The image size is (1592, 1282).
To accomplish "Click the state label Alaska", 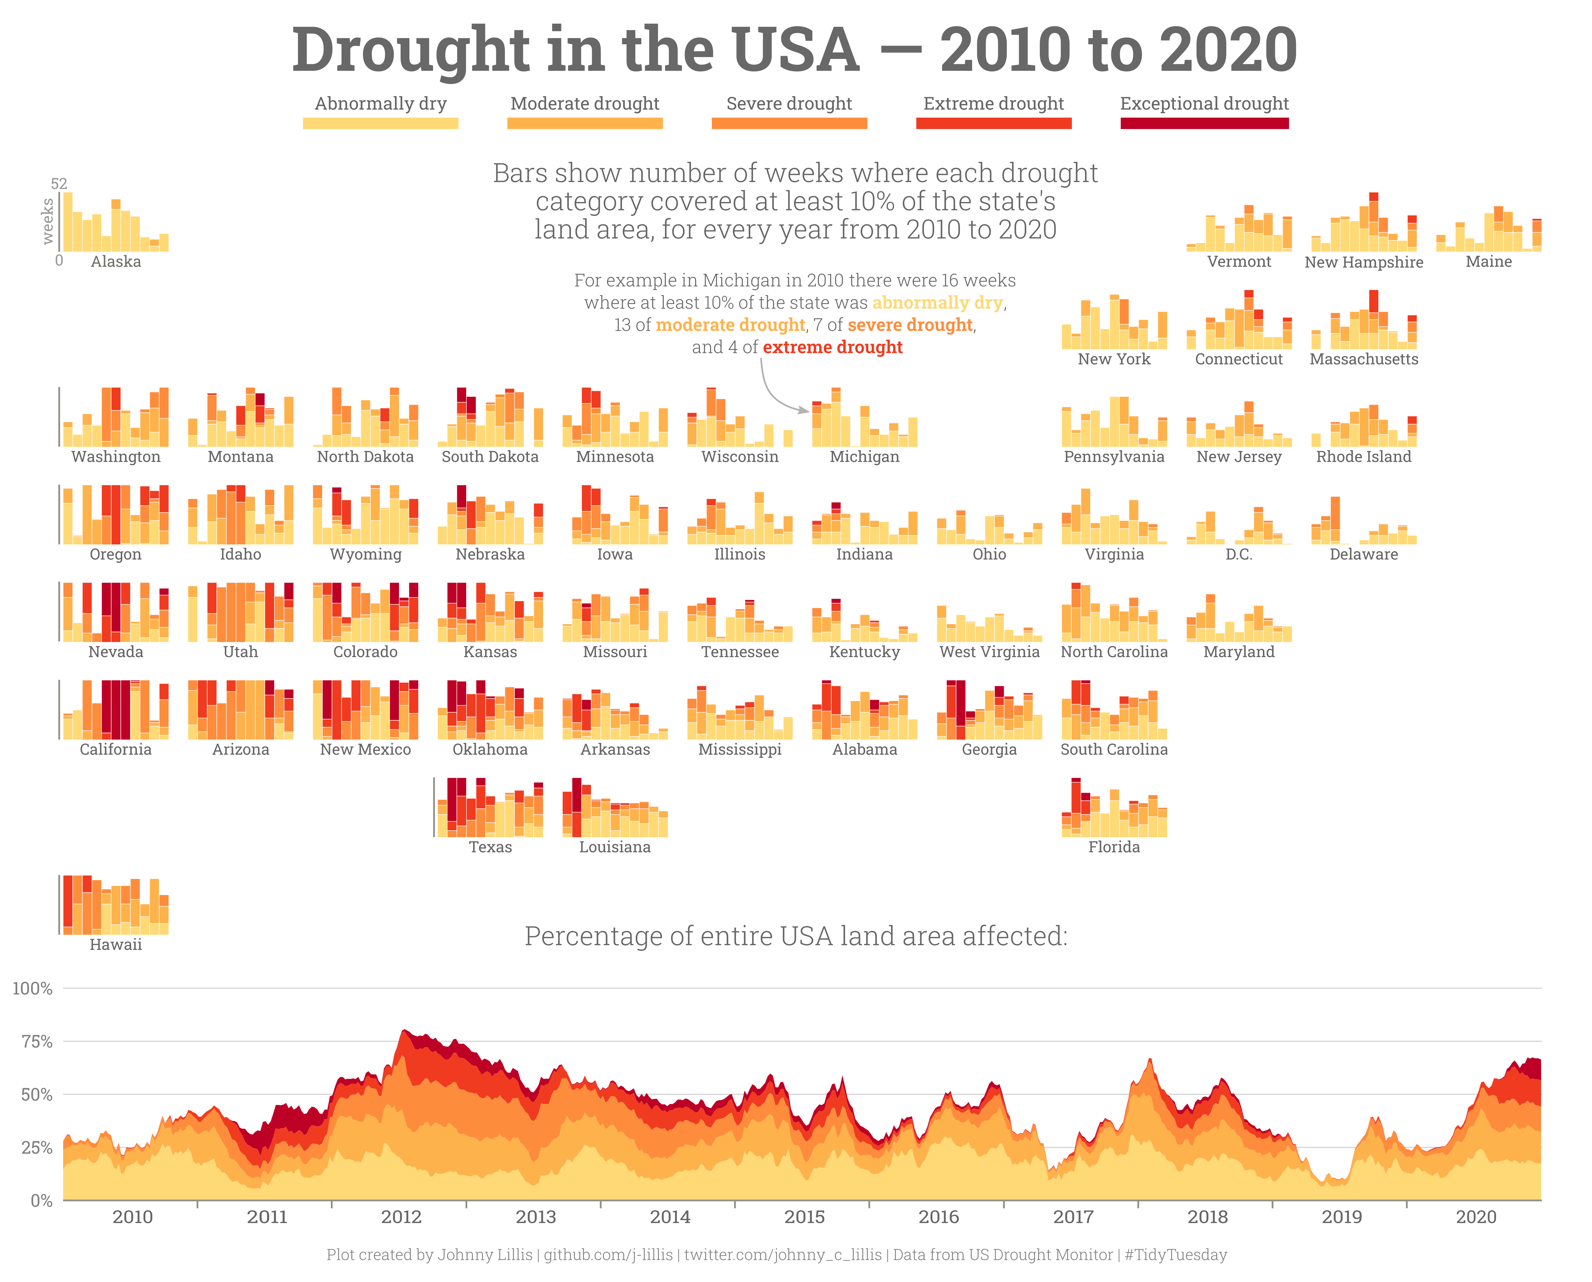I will pyautogui.click(x=116, y=261).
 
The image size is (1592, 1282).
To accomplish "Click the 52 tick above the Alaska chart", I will pyautogui.click(x=59, y=183).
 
